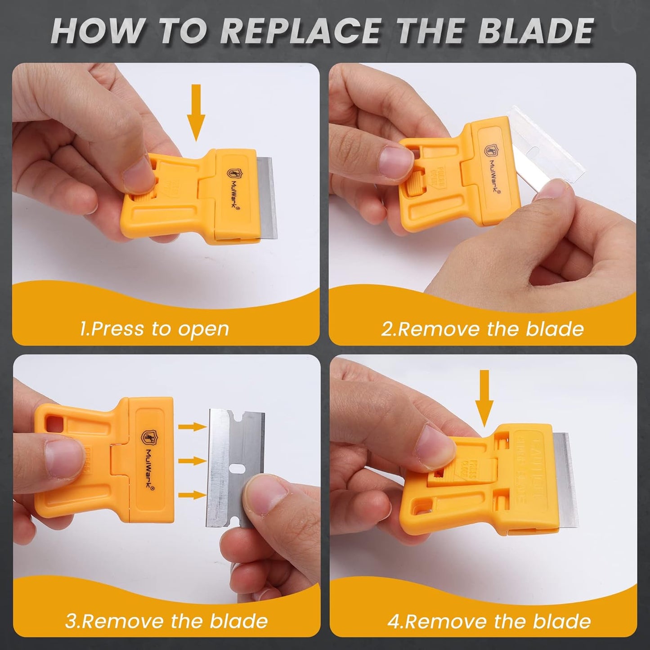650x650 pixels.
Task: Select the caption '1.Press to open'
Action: [x=154, y=329]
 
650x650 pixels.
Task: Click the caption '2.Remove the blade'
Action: [x=482, y=329]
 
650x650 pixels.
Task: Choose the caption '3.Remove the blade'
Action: [x=166, y=621]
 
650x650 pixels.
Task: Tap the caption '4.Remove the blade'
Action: [x=489, y=621]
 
